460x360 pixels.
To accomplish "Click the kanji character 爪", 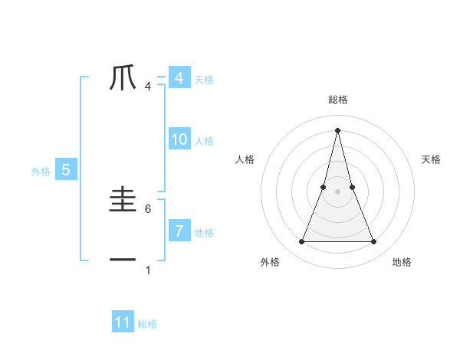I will (123, 78).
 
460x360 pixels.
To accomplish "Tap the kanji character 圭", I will (123, 201).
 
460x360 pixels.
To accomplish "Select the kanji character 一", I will (123, 260).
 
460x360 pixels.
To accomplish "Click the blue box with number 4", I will (179, 78).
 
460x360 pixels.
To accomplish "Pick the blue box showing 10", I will (179, 139).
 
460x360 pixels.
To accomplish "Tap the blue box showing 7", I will (179, 231).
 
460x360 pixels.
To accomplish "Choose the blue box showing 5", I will (66, 170).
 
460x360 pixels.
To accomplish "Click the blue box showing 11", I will (123, 322).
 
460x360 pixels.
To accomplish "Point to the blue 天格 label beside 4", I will (204, 80).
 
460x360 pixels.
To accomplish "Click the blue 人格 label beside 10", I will (204, 141).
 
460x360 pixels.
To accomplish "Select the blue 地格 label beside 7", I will (204, 232).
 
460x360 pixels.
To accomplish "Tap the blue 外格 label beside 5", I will (41, 172).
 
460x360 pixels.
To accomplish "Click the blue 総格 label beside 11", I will (147, 324).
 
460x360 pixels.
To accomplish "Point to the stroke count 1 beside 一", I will (148, 270).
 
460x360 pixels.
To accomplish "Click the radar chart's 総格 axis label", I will (337, 100).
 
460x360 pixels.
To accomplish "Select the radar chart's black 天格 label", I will (431, 159).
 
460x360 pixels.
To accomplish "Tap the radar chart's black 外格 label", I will (270, 263).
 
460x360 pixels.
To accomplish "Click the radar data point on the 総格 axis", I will (337, 129).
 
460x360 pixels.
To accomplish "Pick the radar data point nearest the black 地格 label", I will (374, 242).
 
